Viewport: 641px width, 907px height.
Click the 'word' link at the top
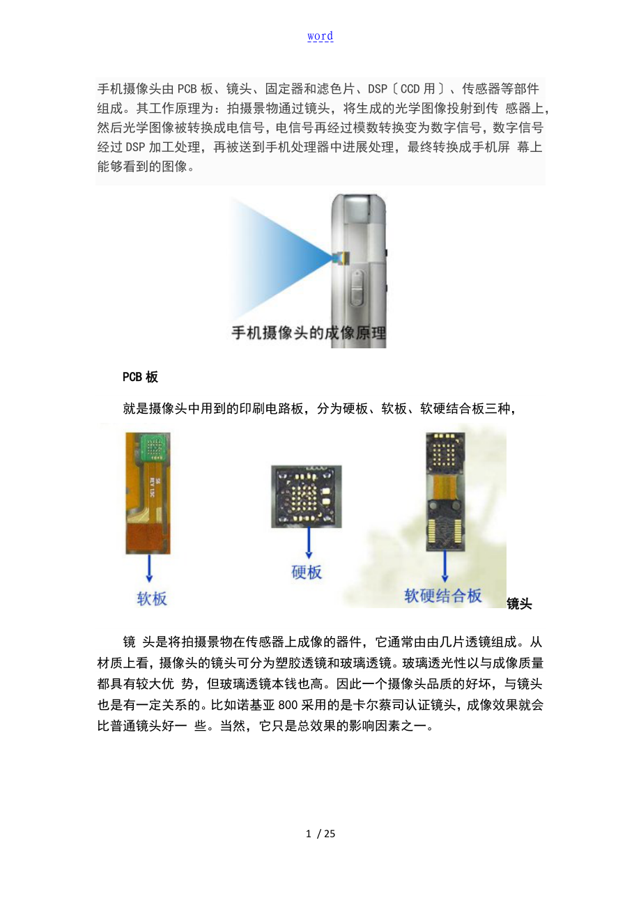320,36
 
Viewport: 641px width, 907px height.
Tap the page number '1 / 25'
320,833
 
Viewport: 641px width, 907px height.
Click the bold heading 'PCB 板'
140,377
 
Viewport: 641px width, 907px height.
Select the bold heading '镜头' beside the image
519,604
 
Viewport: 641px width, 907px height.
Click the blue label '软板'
152,598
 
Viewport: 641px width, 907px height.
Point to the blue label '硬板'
307,572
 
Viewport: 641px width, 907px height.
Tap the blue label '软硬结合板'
443,596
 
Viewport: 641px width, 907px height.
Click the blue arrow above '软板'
149,568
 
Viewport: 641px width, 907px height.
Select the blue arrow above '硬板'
309,543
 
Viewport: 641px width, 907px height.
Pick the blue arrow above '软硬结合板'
445,566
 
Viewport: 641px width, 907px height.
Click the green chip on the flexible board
154,447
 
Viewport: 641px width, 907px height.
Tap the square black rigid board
307,497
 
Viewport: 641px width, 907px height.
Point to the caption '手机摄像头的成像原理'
309,333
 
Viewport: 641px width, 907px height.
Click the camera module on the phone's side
339,258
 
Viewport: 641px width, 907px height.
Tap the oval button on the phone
357,288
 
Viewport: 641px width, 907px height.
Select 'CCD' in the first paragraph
410,88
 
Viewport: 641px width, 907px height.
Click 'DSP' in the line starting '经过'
135,147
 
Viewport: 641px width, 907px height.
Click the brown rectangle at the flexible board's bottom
148,539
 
